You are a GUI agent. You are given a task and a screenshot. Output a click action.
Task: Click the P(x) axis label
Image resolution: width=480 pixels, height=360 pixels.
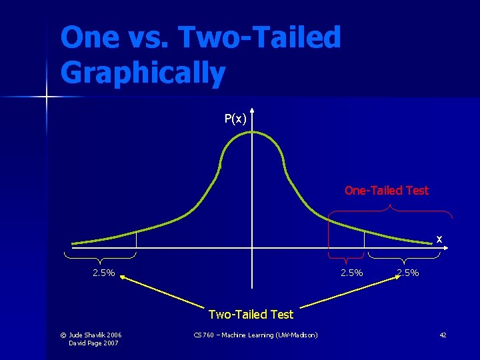[x=235, y=119]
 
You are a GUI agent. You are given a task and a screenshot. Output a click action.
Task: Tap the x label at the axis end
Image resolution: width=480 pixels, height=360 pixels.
[x=439, y=238]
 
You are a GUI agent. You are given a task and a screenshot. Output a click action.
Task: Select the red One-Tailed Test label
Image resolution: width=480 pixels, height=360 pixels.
[x=386, y=191]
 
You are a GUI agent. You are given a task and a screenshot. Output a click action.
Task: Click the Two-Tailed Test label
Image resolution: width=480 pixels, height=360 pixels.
[x=251, y=314]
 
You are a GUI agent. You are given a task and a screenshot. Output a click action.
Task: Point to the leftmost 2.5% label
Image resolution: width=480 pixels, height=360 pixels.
[x=103, y=273]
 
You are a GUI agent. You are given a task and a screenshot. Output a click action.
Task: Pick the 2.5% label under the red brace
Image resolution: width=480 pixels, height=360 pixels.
[x=351, y=273]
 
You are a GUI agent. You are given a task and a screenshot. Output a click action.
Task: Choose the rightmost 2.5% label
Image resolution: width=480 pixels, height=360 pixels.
[x=407, y=273]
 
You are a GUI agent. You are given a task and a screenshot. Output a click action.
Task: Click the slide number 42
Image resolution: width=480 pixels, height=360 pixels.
[x=443, y=335]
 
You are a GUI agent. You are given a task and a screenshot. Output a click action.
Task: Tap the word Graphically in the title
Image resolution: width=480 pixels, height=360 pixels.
[x=143, y=73]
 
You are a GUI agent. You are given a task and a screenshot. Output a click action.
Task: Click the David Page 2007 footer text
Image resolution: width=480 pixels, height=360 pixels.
[x=95, y=343]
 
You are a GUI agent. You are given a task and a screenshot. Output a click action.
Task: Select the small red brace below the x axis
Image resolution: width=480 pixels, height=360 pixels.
[x=345, y=257]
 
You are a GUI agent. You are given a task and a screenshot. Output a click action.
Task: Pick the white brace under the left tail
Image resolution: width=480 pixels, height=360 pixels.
[x=101, y=257]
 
